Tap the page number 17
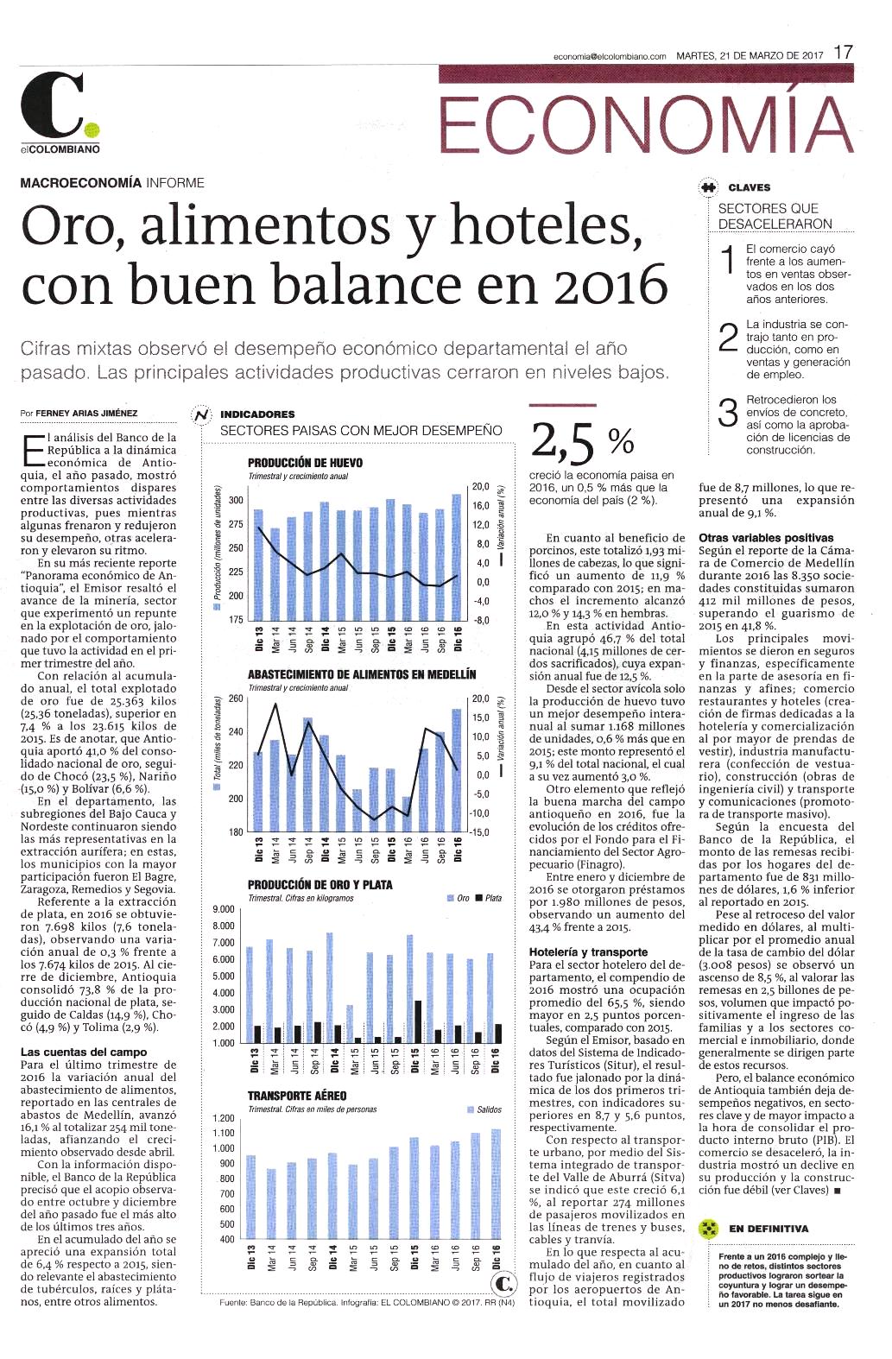click(843, 53)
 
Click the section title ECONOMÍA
click(646, 124)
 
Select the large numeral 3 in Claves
click(728, 413)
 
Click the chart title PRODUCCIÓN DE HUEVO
click(305, 463)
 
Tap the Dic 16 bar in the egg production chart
click(456, 556)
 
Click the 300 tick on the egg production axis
click(236, 500)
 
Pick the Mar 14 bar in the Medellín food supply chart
click(275, 786)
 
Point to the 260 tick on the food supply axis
click(236, 698)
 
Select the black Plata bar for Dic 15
click(418, 1021)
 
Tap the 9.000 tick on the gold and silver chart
click(224, 909)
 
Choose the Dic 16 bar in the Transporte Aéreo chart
click(496, 1184)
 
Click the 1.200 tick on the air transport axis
click(224, 1118)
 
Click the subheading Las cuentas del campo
click(84, 1052)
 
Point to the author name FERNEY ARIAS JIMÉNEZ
click(86, 414)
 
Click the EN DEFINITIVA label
click(769, 1229)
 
